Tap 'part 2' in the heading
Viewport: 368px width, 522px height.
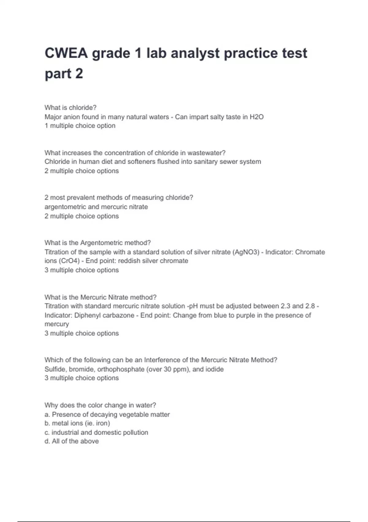(64, 74)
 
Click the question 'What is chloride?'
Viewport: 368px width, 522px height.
(71, 107)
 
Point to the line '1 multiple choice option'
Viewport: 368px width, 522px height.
(80, 126)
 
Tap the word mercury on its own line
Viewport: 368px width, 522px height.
(57, 324)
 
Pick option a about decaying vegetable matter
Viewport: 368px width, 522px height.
(107, 415)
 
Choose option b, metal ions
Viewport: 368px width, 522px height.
(77, 423)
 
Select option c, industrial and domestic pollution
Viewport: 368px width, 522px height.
(96, 433)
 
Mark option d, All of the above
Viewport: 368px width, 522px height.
(72, 442)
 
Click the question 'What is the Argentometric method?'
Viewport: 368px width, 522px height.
(98, 243)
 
